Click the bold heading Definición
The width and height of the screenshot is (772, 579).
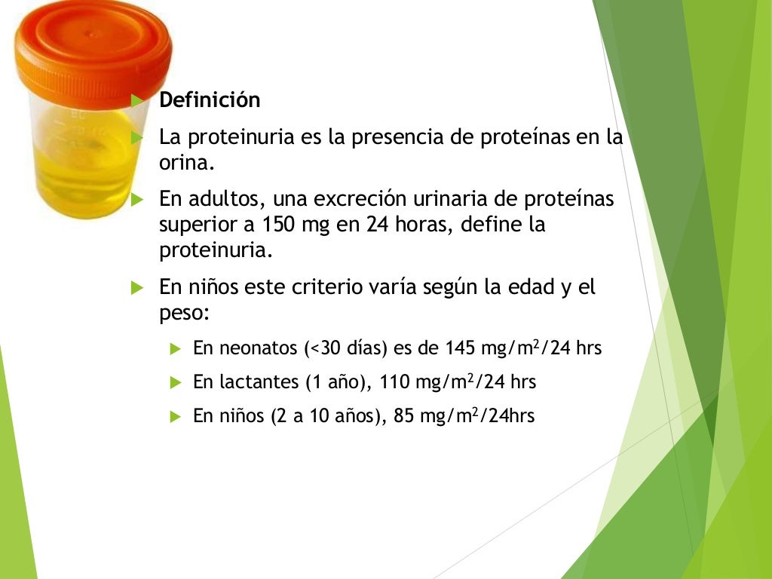click(210, 100)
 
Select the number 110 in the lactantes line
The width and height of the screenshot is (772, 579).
click(396, 382)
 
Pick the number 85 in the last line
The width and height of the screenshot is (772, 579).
click(404, 416)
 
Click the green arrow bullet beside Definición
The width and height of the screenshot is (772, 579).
click(136, 100)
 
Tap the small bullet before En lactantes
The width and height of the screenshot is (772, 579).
click(175, 382)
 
